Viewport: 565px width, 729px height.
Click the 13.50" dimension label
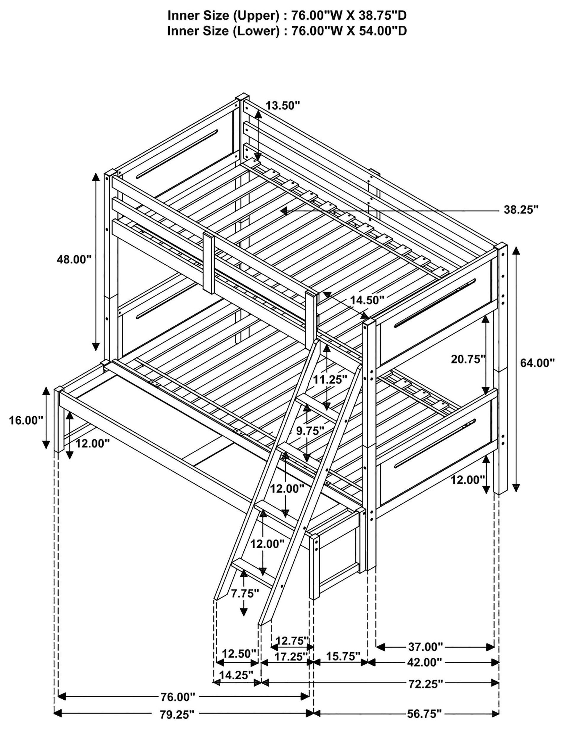coord(283,106)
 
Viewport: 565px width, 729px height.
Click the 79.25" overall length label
coord(177,723)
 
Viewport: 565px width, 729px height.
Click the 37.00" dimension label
coord(426,647)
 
